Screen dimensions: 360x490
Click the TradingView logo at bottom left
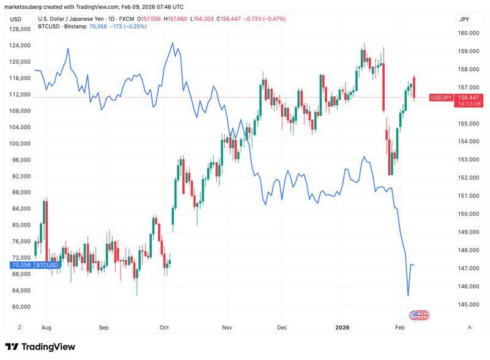coord(40,347)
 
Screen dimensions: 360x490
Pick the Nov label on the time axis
coord(227,328)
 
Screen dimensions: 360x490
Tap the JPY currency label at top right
coord(464,20)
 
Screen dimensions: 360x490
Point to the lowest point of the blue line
coord(408,296)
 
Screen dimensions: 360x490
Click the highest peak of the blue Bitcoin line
coord(173,43)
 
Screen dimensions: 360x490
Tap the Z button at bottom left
coord(20,328)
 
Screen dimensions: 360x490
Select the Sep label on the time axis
coord(104,328)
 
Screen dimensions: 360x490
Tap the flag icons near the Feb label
coord(420,315)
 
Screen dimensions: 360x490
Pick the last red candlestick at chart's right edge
coord(415,87)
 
